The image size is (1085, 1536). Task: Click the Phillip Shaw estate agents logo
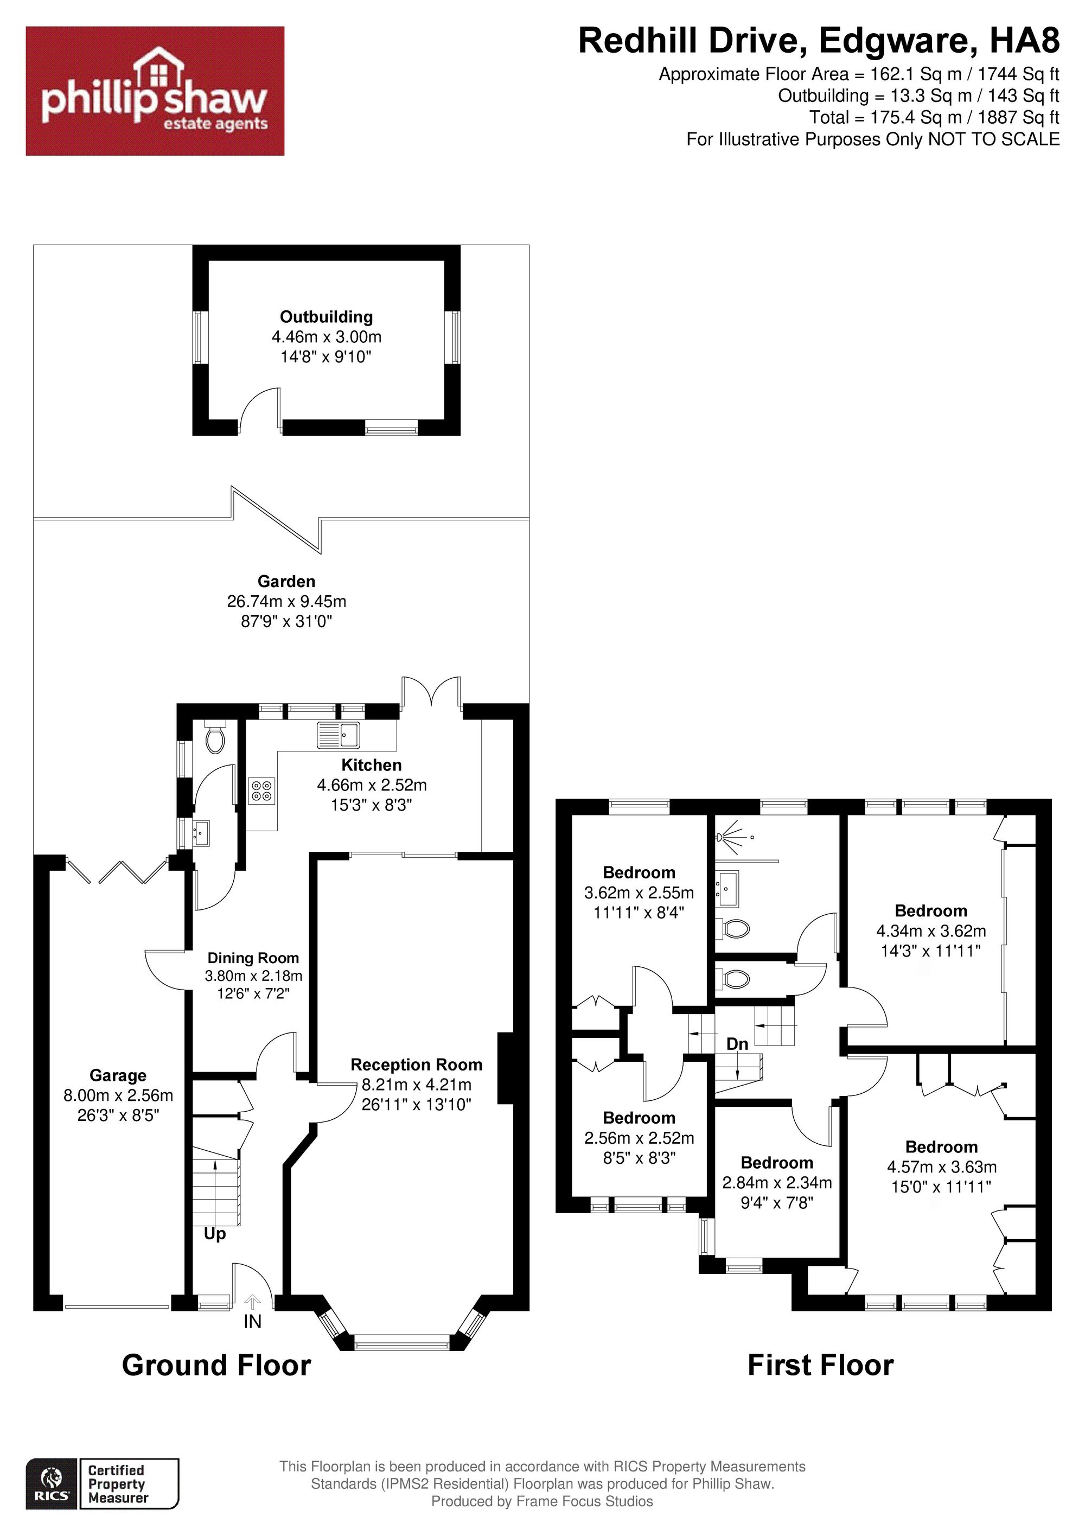[155, 91]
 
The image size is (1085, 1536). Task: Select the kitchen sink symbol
[339, 735]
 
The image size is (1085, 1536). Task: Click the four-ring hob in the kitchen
[261, 791]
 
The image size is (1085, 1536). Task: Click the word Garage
[118, 1076]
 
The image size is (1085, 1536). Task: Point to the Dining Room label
[253, 958]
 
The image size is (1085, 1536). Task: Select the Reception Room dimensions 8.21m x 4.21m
[416, 1085]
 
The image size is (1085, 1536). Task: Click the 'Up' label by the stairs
[215, 1234]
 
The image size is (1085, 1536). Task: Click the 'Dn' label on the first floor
[737, 1044]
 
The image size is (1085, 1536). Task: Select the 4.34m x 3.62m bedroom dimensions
[930, 930]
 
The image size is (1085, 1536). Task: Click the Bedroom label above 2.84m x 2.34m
[777, 1163]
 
